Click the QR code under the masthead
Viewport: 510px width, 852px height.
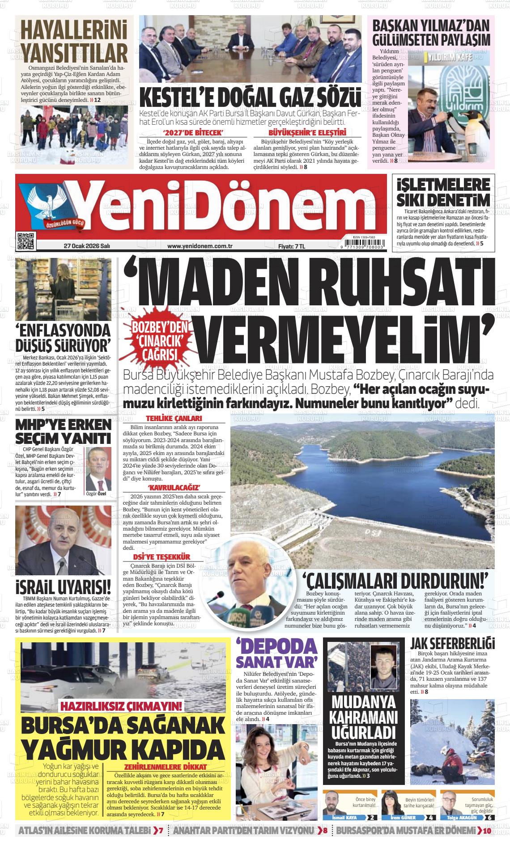(26, 241)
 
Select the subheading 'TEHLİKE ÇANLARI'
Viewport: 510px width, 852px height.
(174, 418)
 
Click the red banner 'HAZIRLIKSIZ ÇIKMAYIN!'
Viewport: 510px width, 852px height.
(122, 706)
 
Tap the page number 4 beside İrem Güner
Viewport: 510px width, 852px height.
(430, 818)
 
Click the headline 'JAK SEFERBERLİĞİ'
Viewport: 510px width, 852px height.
(452, 644)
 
